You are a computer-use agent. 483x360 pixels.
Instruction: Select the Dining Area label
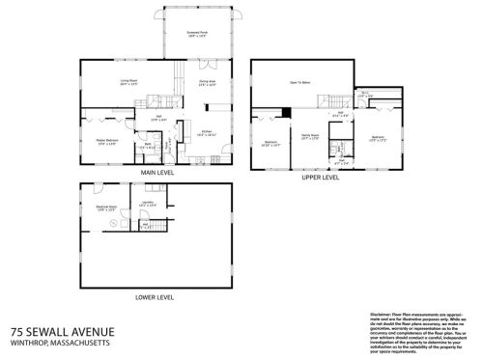coord(206,83)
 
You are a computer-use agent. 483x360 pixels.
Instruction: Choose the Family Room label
coord(310,135)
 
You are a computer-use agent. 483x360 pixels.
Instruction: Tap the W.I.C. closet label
coord(365,96)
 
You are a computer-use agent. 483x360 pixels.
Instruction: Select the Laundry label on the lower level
coord(147,204)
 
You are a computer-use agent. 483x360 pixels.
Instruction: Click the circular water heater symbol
coord(116,223)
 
